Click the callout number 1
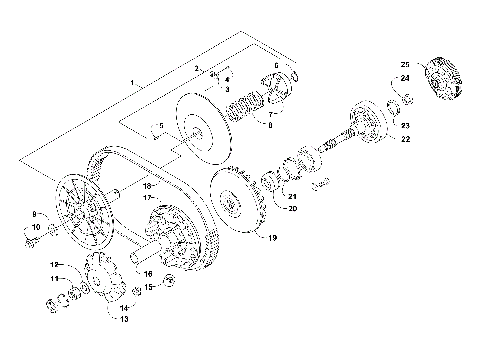point(131,79)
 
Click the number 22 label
point(405,140)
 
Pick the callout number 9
point(34,215)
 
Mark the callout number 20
point(292,208)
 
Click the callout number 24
point(405,78)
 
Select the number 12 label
point(56,264)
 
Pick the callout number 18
point(147,186)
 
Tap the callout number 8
point(267,126)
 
